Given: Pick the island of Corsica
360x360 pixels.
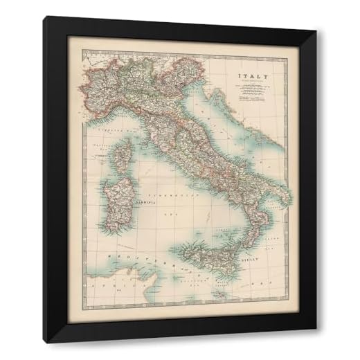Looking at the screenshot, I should pos(121,156).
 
